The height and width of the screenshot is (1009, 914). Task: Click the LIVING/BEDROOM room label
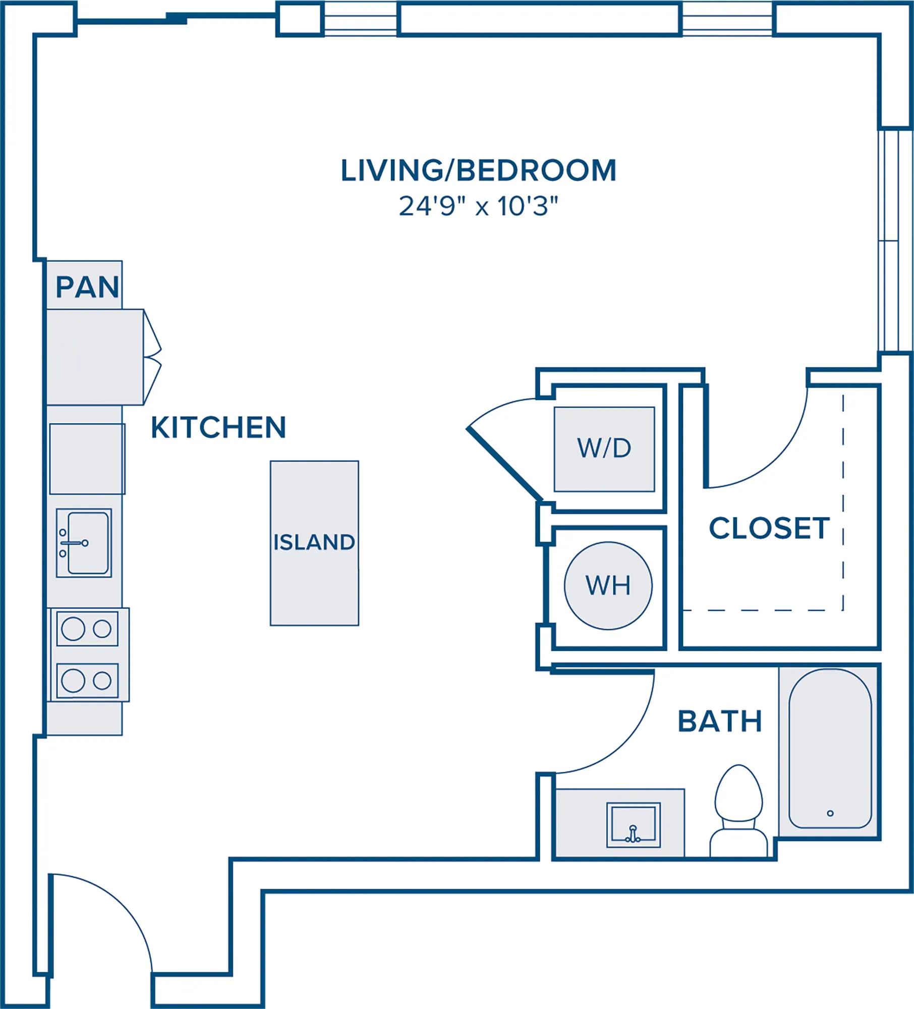[478, 171]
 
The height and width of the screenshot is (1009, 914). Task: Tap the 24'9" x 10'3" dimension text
[478, 206]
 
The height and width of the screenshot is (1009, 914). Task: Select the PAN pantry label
[87, 287]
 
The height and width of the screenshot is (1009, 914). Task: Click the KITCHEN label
[218, 427]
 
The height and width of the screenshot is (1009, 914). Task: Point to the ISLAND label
[314, 542]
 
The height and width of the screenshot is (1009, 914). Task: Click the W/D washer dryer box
[604, 449]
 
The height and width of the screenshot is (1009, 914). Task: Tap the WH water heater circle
[608, 585]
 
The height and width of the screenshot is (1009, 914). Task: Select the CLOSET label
[769, 528]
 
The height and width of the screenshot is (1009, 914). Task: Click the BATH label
[720, 721]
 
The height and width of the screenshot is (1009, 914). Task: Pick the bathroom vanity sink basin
[633, 825]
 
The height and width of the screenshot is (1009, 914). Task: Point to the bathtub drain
[830, 813]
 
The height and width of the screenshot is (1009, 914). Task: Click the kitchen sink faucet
[74, 543]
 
